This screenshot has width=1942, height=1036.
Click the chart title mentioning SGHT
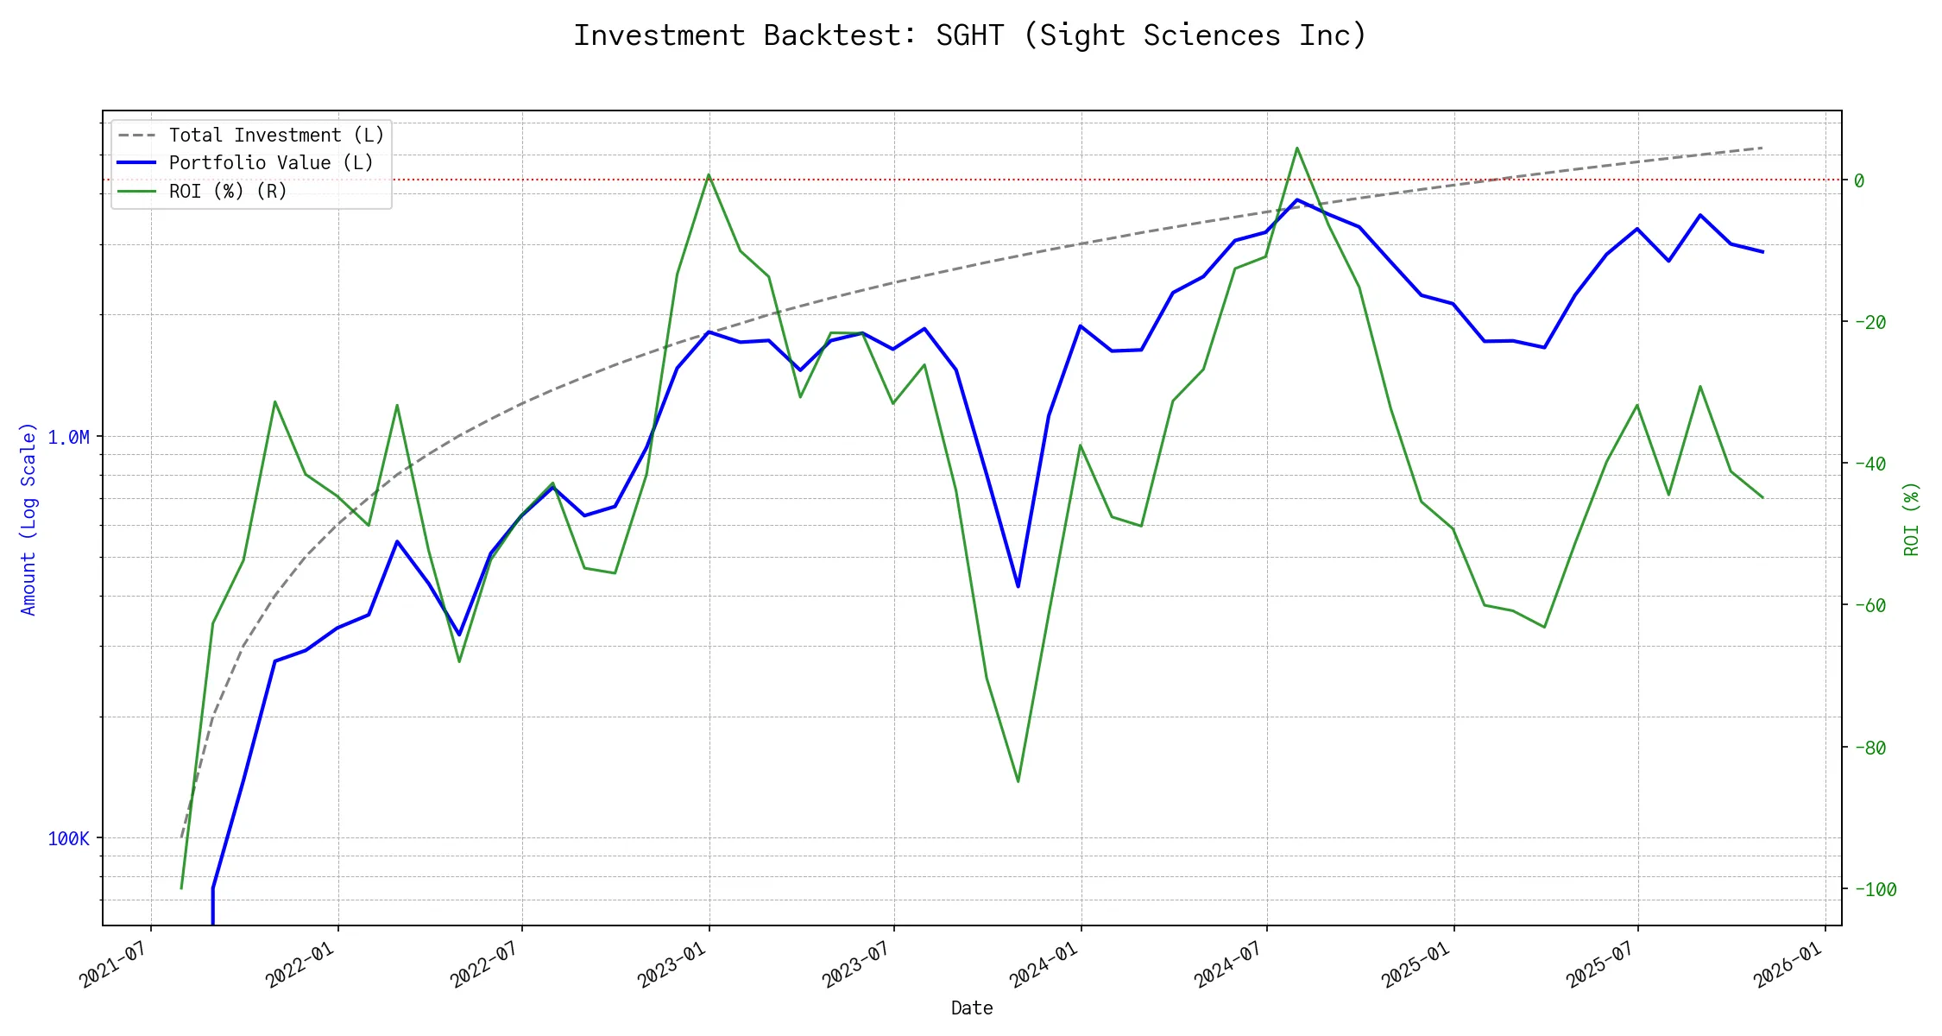tap(970, 35)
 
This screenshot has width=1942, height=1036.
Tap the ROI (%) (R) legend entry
tap(228, 191)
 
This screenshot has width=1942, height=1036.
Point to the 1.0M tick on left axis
tap(68, 438)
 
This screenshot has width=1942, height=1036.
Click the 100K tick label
tap(68, 839)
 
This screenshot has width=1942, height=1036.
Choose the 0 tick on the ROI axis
tap(1859, 180)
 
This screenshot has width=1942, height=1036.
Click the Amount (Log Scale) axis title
tap(28, 518)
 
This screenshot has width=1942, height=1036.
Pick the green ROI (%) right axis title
tap(1912, 518)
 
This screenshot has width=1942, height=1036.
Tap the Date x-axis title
tap(972, 1008)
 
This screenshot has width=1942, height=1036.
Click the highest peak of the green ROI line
tap(1297, 148)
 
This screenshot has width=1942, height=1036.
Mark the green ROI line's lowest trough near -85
tap(1018, 781)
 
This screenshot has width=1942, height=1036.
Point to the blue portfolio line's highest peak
tap(1297, 199)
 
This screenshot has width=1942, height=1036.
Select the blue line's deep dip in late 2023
tap(1018, 587)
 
